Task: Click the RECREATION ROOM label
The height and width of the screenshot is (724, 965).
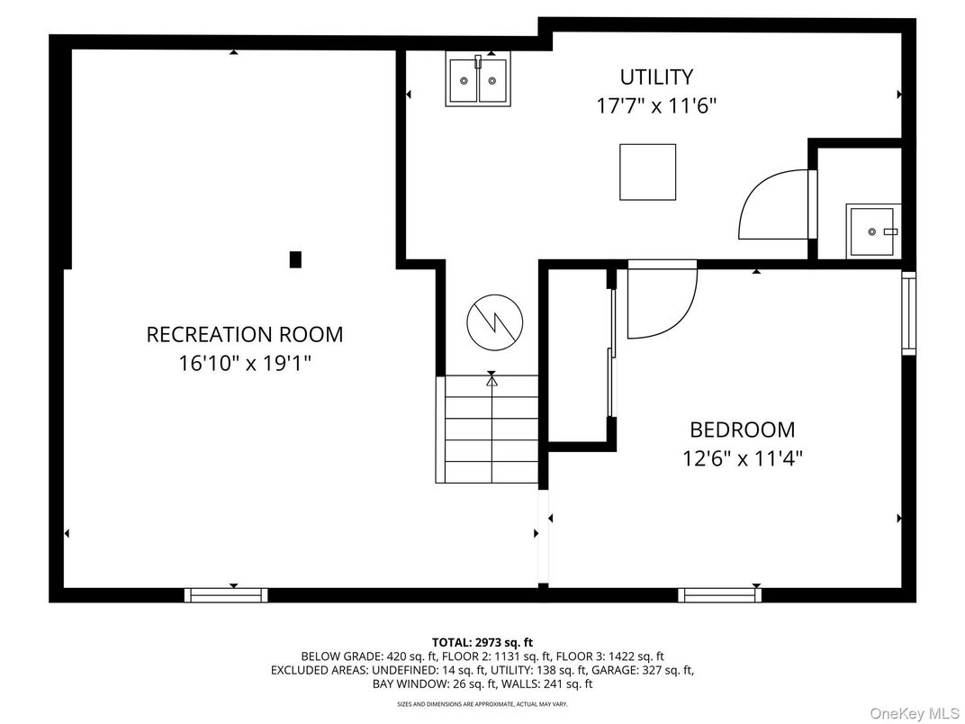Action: (245, 334)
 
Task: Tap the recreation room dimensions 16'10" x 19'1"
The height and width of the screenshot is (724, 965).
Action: (245, 364)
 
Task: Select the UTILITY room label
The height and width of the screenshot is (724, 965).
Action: (656, 77)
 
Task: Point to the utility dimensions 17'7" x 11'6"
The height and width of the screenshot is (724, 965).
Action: (656, 105)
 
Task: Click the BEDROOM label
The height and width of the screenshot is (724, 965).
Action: (742, 430)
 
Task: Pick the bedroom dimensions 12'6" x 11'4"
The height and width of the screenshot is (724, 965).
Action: (742, 458)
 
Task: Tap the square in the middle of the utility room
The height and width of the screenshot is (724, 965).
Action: (647, 172)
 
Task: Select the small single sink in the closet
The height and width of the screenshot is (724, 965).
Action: (871, 231)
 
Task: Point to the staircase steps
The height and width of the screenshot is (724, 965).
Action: (491, 429)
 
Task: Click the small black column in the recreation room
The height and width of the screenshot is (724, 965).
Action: (295, 259)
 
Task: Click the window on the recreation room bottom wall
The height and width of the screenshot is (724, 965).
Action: (226, 594)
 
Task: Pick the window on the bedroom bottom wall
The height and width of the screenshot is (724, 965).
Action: (719, 594)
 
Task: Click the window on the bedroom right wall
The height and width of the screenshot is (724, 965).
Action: (908, 312)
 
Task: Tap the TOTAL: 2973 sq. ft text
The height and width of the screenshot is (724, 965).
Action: (482, 642)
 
